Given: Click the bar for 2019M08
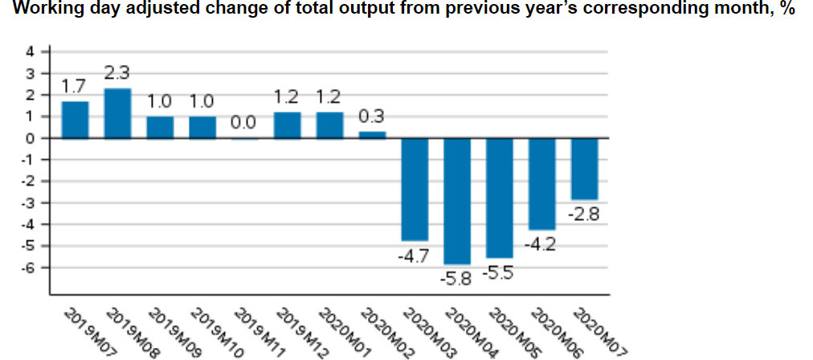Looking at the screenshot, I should coord(117,112).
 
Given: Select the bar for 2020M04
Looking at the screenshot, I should coord(457,201).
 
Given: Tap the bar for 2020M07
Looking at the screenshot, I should coord(584,169).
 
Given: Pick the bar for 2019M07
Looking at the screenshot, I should coord(75,119).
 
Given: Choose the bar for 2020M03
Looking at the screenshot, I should coord(415,189).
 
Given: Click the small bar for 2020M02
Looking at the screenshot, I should coord(372,134).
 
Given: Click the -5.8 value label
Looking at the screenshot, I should coord(457,280).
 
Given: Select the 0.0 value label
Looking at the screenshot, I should coord(244,124).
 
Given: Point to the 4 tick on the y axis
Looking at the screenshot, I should coord(31,51).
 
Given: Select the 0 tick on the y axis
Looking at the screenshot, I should coord(31,138).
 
